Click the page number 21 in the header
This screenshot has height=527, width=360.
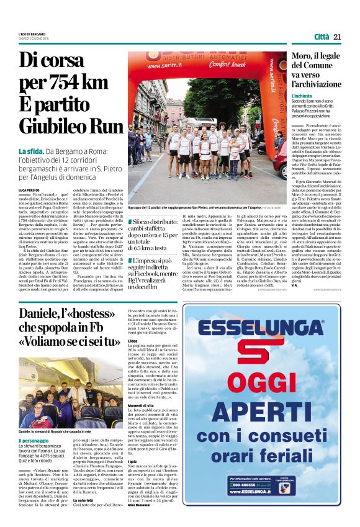338,37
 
